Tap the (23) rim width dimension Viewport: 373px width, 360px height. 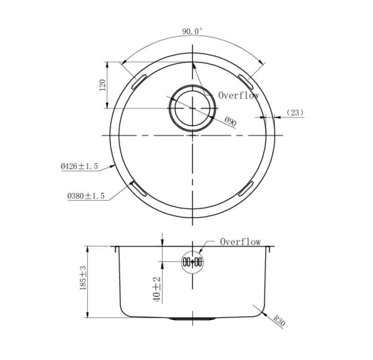click(295, 112)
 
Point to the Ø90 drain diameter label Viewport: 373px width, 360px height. click(230, 122)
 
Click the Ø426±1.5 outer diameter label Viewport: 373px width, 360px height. click(80, 166)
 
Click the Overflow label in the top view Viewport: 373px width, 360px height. click(239, 96)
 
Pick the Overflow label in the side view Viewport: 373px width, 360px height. click(240, 242)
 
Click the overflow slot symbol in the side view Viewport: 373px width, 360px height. click(192, 262)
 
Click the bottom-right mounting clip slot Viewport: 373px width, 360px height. click(246, 188)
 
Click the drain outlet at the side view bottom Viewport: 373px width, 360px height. click(193, 319)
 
